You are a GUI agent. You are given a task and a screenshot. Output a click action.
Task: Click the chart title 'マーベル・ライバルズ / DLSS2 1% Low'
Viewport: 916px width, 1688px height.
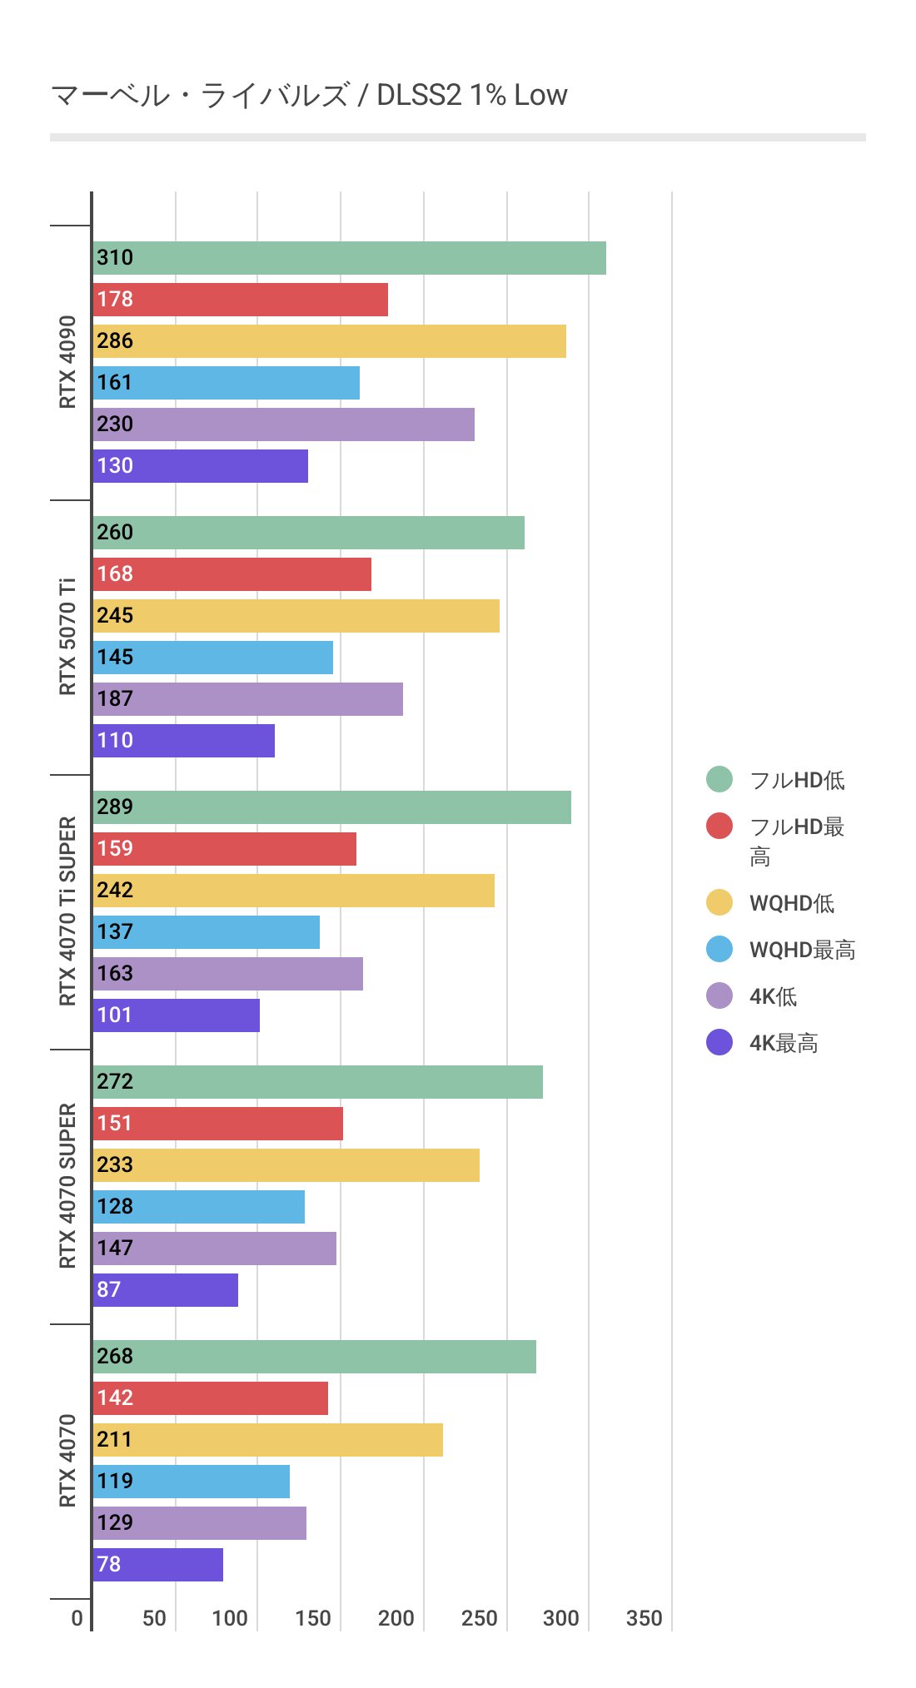coord(309,96)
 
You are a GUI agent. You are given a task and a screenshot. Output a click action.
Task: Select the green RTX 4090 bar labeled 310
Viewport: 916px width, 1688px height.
coord(350,258)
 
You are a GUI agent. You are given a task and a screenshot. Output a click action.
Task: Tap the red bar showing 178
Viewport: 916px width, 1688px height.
coord(241,300)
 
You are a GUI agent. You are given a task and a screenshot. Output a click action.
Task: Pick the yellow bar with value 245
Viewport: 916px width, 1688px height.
coord(296,616)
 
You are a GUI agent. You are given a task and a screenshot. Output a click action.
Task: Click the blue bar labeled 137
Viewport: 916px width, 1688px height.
coord(207,932)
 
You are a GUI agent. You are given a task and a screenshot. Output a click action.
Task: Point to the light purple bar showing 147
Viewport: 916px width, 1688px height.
coord(215,1249)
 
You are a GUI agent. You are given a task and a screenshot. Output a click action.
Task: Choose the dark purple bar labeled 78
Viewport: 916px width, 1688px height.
coord(158,1565)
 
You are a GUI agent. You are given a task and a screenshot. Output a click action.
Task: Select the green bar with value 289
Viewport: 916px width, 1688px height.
coord(332,807)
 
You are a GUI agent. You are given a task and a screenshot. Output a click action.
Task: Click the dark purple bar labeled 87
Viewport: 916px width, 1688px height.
coord(166,1290)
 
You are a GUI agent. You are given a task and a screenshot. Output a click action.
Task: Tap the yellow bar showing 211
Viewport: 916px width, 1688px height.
coord(268,1440)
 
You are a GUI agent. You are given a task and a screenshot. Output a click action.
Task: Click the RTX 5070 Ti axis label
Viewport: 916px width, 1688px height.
coord(67,637)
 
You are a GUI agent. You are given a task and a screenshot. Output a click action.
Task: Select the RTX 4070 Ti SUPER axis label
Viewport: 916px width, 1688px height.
coord(67,911)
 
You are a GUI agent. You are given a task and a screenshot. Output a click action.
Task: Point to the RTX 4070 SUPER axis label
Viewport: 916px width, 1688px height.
coord(67,1186)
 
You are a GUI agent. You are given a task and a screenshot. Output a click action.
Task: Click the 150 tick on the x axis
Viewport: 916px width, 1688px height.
coord(313,1618)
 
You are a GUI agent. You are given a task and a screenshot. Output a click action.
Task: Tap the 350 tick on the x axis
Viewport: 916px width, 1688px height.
coord(645,1618)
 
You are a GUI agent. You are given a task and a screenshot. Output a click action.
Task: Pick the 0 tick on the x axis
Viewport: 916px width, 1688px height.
coord(77,1618)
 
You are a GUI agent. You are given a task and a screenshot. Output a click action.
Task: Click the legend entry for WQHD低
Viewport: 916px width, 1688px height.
coord(791,903)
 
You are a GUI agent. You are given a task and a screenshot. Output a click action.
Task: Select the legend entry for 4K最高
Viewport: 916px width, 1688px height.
coord(783,1043)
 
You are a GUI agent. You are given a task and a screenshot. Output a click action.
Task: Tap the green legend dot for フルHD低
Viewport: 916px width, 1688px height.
coord(719,779)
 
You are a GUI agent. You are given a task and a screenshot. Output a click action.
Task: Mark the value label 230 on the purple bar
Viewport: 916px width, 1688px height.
coord(115,424)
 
